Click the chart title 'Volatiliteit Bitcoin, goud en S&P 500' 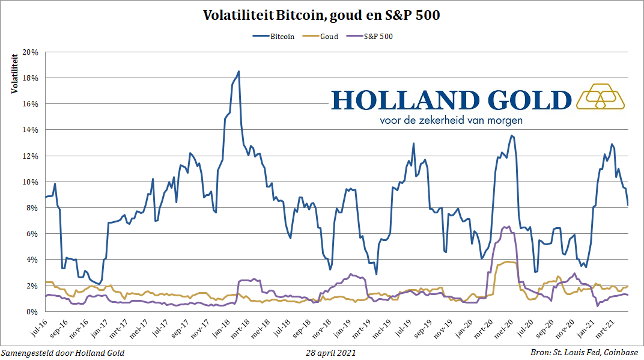pyautogui.click(x=321, y=15)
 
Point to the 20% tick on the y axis pyautogui.click(x=30, y=52)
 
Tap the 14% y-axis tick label pyautogui.click(x=30, y=130)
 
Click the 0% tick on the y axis pyautogui.click(x=32, y=311)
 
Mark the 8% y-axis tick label pyautogui.click(x=32, y=208)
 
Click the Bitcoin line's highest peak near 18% pyautogui.click(x=238, y=72)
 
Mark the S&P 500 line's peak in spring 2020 pyautogui.click(x=509, y=227)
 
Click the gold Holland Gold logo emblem pyautogui.click(x=600, y=96)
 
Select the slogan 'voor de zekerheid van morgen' pyautogui.click(x=451, y=120)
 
